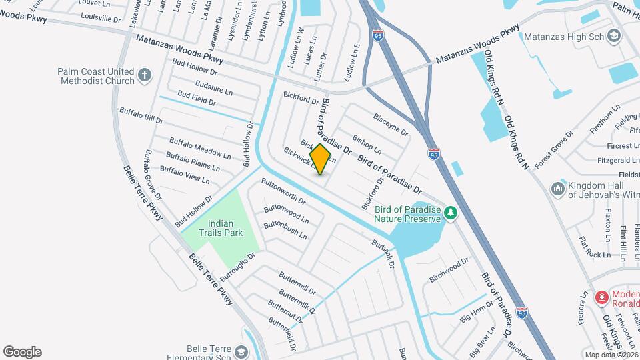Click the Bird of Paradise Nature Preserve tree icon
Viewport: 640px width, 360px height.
[452, 213]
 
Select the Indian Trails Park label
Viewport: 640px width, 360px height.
[225, 228]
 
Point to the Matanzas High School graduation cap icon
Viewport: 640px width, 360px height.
[614, 36]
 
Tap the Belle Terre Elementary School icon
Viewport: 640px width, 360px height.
[242, 351]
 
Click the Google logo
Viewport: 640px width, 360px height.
[22, 352]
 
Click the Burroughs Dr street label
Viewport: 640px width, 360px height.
[238, 265]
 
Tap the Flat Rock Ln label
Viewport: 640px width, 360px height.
[595, 247]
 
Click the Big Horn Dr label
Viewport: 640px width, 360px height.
[475, 311]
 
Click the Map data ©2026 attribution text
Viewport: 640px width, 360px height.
[611, 354]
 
